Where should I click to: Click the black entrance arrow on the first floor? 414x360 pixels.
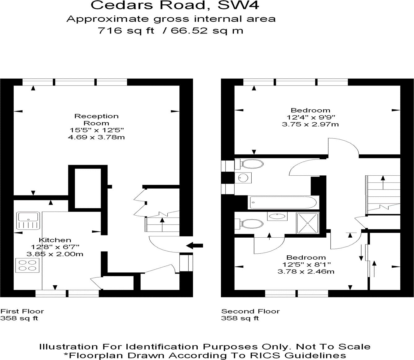(x=194, y=246)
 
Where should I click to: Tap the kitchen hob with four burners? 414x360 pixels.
(x=27, y=265)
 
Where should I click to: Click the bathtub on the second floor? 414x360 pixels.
(x=283, y=202)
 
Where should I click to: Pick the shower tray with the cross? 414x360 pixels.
(x=308, y=223)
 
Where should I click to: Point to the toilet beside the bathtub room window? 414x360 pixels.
(x=249, y=164)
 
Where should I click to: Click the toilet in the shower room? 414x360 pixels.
(x=249, y=224)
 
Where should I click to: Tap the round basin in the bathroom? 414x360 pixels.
(x=243, y=178)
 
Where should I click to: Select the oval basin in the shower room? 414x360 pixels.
(x=277, y=216)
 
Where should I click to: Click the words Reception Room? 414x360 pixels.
(x=96, y=120)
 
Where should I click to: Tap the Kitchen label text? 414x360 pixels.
(x=55, y=240)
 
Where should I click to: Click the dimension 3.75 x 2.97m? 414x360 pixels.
(x=310, y=124)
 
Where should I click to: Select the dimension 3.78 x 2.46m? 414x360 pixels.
(x=306, y=271)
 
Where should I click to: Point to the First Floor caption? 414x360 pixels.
(x=22, y=311)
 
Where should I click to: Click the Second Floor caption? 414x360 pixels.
(x=250, y=311)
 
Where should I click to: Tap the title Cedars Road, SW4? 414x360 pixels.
(x=175, y=5)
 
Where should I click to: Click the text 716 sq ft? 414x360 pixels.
(x=126, y=31)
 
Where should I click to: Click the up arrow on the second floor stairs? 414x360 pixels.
(x=383, y=182)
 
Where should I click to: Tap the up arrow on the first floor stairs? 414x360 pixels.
(x=162, y=225)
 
